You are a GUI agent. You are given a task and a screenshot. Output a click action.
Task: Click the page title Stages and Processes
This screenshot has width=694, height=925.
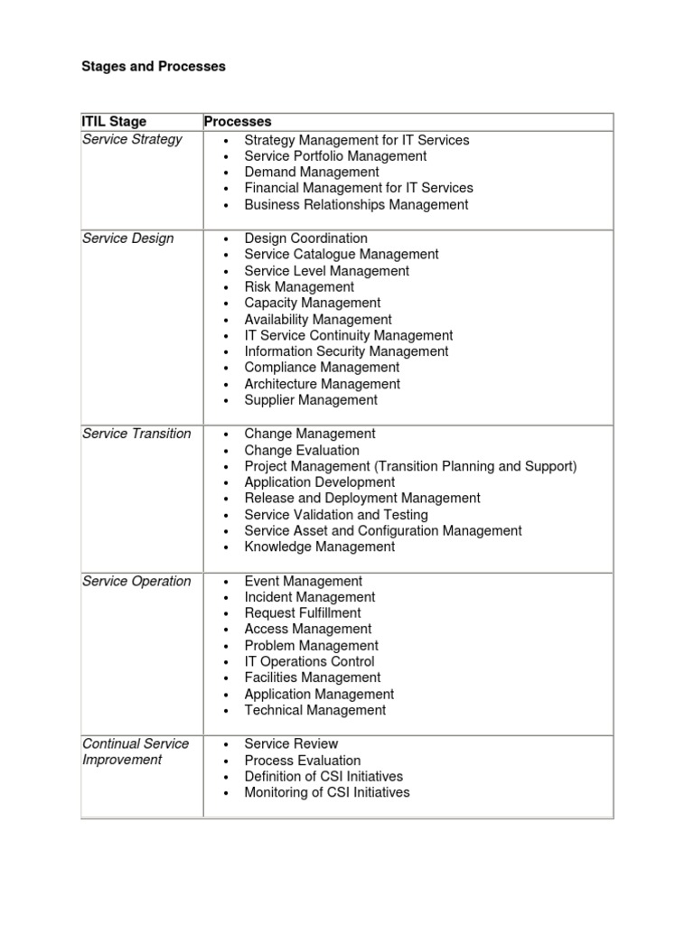point(154,66)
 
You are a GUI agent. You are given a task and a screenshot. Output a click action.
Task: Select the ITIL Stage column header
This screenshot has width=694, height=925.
point(114,121)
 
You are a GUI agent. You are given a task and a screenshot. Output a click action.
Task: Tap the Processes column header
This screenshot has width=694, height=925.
point(238,121)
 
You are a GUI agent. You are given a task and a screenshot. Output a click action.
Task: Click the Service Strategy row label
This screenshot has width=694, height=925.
point(132,139)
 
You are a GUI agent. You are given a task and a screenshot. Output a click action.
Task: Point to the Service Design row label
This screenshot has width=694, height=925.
point(128,238)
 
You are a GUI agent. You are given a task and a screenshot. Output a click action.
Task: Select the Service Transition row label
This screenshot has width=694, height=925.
point(136,434)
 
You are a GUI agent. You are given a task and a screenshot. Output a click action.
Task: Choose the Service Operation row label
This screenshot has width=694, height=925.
point(136,581)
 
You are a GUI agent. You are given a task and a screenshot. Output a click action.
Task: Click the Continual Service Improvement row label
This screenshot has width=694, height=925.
point(136,752)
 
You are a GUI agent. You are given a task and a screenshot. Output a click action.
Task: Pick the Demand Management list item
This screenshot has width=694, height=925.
point(312,172)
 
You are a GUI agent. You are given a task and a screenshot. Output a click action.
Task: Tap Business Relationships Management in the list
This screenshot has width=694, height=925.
point(356,204)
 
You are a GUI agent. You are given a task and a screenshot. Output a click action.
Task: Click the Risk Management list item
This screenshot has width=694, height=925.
point(299,286)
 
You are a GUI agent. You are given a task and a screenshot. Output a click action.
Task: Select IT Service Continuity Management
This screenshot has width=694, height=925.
point(349,335)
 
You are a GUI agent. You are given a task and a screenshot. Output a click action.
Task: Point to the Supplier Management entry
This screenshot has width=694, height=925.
point(311,399)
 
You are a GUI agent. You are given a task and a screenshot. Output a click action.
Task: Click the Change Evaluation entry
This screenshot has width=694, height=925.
point(302,450)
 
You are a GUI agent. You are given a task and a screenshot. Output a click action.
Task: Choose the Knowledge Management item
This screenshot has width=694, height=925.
point(319,547)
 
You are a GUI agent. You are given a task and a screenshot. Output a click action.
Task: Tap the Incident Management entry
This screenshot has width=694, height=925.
point(310,596)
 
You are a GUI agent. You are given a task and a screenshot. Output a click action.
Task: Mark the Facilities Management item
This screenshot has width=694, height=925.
point(312,677)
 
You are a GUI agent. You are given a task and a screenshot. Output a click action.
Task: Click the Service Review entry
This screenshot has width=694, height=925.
point(291,743)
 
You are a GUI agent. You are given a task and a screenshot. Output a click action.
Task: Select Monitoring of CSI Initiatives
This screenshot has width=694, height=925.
point(327,792)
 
